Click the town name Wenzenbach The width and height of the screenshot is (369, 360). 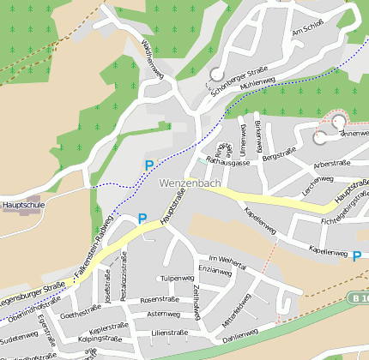coord(190,183)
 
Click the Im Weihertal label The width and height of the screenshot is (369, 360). coord(227,258)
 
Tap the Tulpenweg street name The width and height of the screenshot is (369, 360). coord(177,279)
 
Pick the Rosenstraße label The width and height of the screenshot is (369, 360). coord(157,299)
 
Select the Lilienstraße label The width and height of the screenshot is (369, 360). coord(168,332)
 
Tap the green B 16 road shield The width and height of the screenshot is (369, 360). coord(359,297)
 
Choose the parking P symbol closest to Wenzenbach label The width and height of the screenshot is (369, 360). coord(149,165)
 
